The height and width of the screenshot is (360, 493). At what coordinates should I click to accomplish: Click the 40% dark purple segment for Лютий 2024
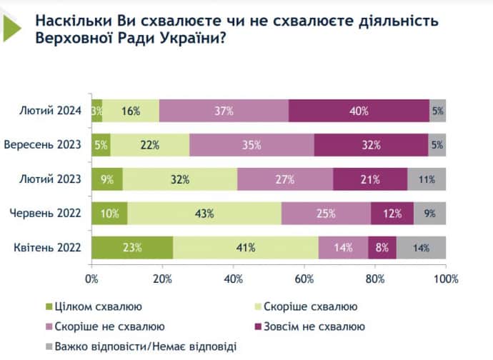pos(359,111)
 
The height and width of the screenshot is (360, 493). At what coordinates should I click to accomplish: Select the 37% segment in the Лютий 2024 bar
pos(224,111)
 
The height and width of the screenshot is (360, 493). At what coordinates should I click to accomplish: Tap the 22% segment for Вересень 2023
pos(150,144)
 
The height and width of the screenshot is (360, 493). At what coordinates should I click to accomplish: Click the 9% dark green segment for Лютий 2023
pos(107,179)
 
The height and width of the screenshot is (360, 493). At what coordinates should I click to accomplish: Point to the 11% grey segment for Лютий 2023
pos(427,179)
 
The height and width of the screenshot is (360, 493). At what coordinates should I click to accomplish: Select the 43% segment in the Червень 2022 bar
pos(204,214)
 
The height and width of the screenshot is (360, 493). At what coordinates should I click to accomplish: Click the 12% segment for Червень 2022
pos(392,214)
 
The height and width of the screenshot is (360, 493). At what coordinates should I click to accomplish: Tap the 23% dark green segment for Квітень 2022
pos(132,248)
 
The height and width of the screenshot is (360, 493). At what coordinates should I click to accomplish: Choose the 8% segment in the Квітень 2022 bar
pos(382,248)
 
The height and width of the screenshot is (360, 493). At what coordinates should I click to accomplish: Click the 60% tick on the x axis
pos(304,276)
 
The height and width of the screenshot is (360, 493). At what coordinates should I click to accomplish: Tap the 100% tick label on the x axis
pos(444,276)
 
